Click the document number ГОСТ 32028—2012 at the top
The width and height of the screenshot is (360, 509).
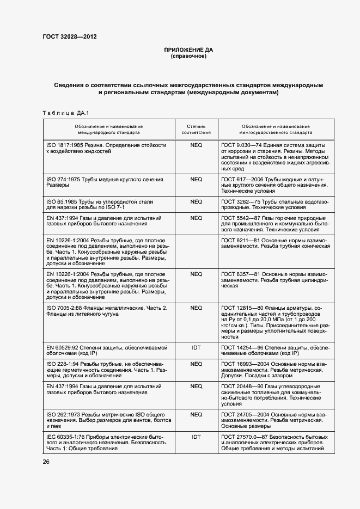pos(70,37)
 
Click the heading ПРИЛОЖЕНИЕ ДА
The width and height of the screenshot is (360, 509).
pos(188,50)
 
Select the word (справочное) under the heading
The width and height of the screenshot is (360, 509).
pos(188,56)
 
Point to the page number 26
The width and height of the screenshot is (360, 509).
pos(46,462)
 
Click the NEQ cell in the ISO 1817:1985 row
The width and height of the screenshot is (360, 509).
pos(196,145)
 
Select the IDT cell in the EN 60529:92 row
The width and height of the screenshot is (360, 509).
pos(196,347)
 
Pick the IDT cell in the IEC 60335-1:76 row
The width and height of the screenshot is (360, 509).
pos(196,436)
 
